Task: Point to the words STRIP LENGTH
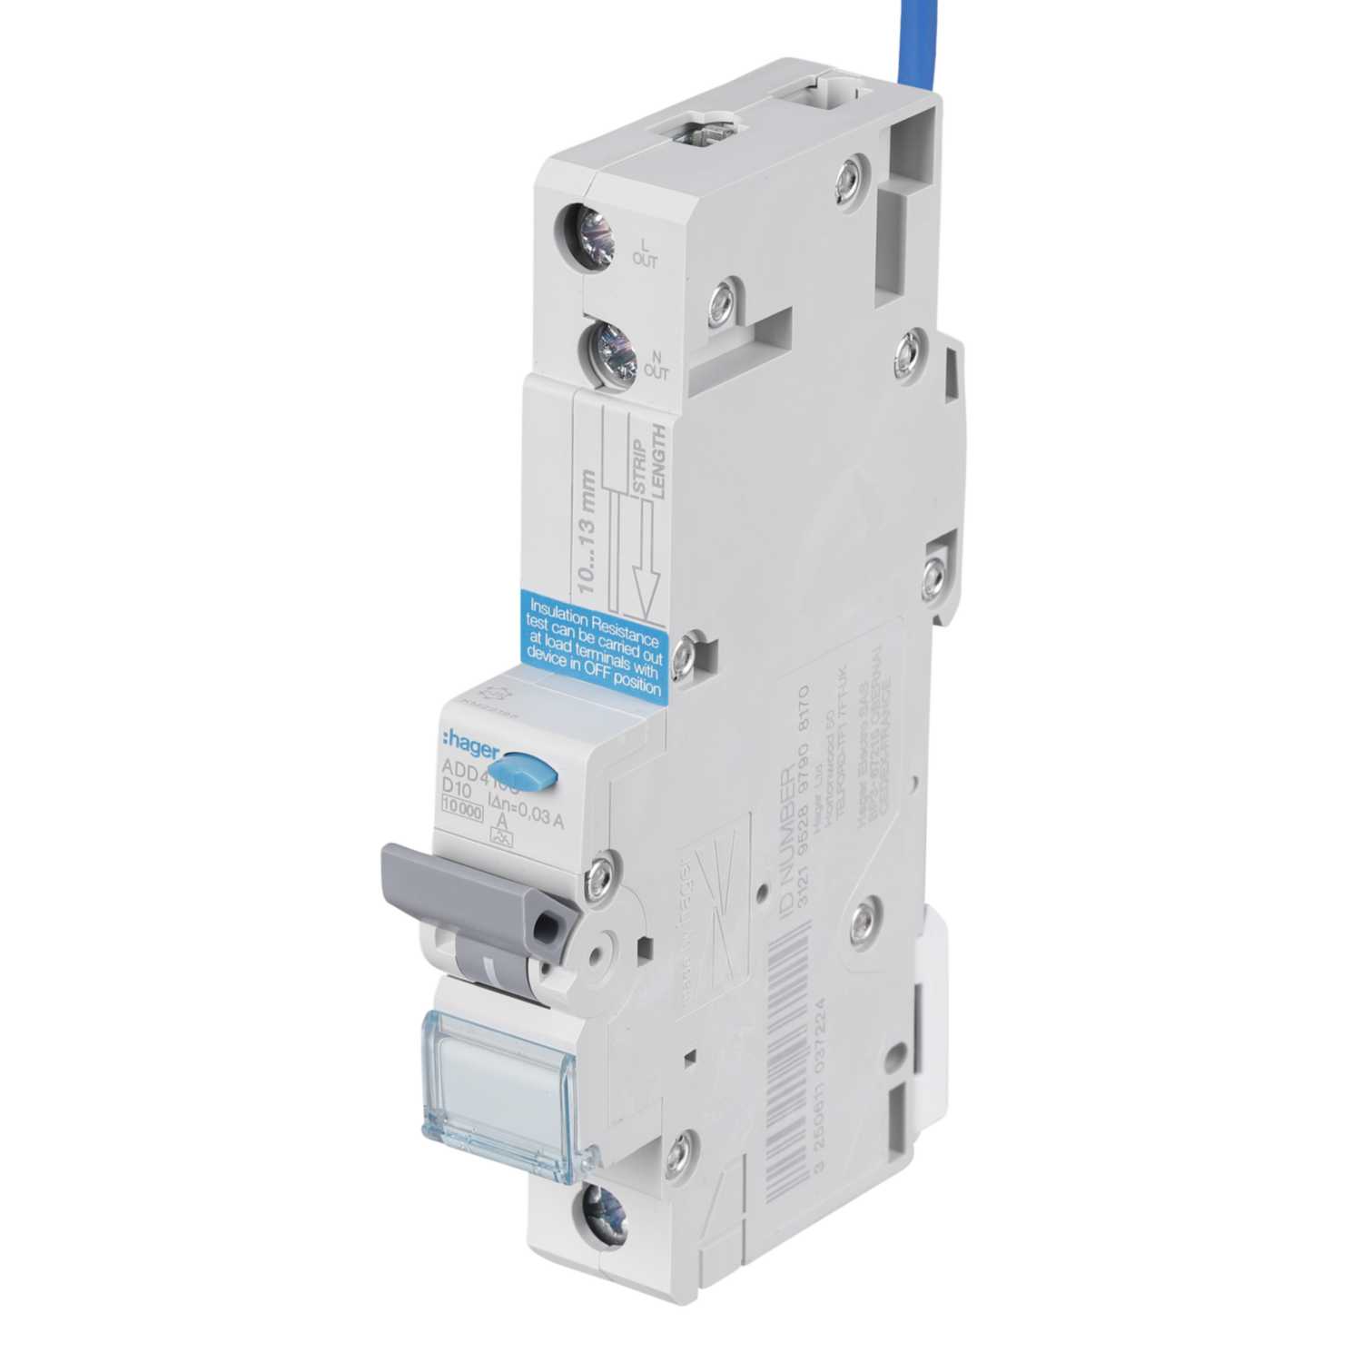click(x=648, y=459)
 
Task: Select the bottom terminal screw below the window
click(x=599, y=1211)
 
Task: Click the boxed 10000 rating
click(x=462, y=811)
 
